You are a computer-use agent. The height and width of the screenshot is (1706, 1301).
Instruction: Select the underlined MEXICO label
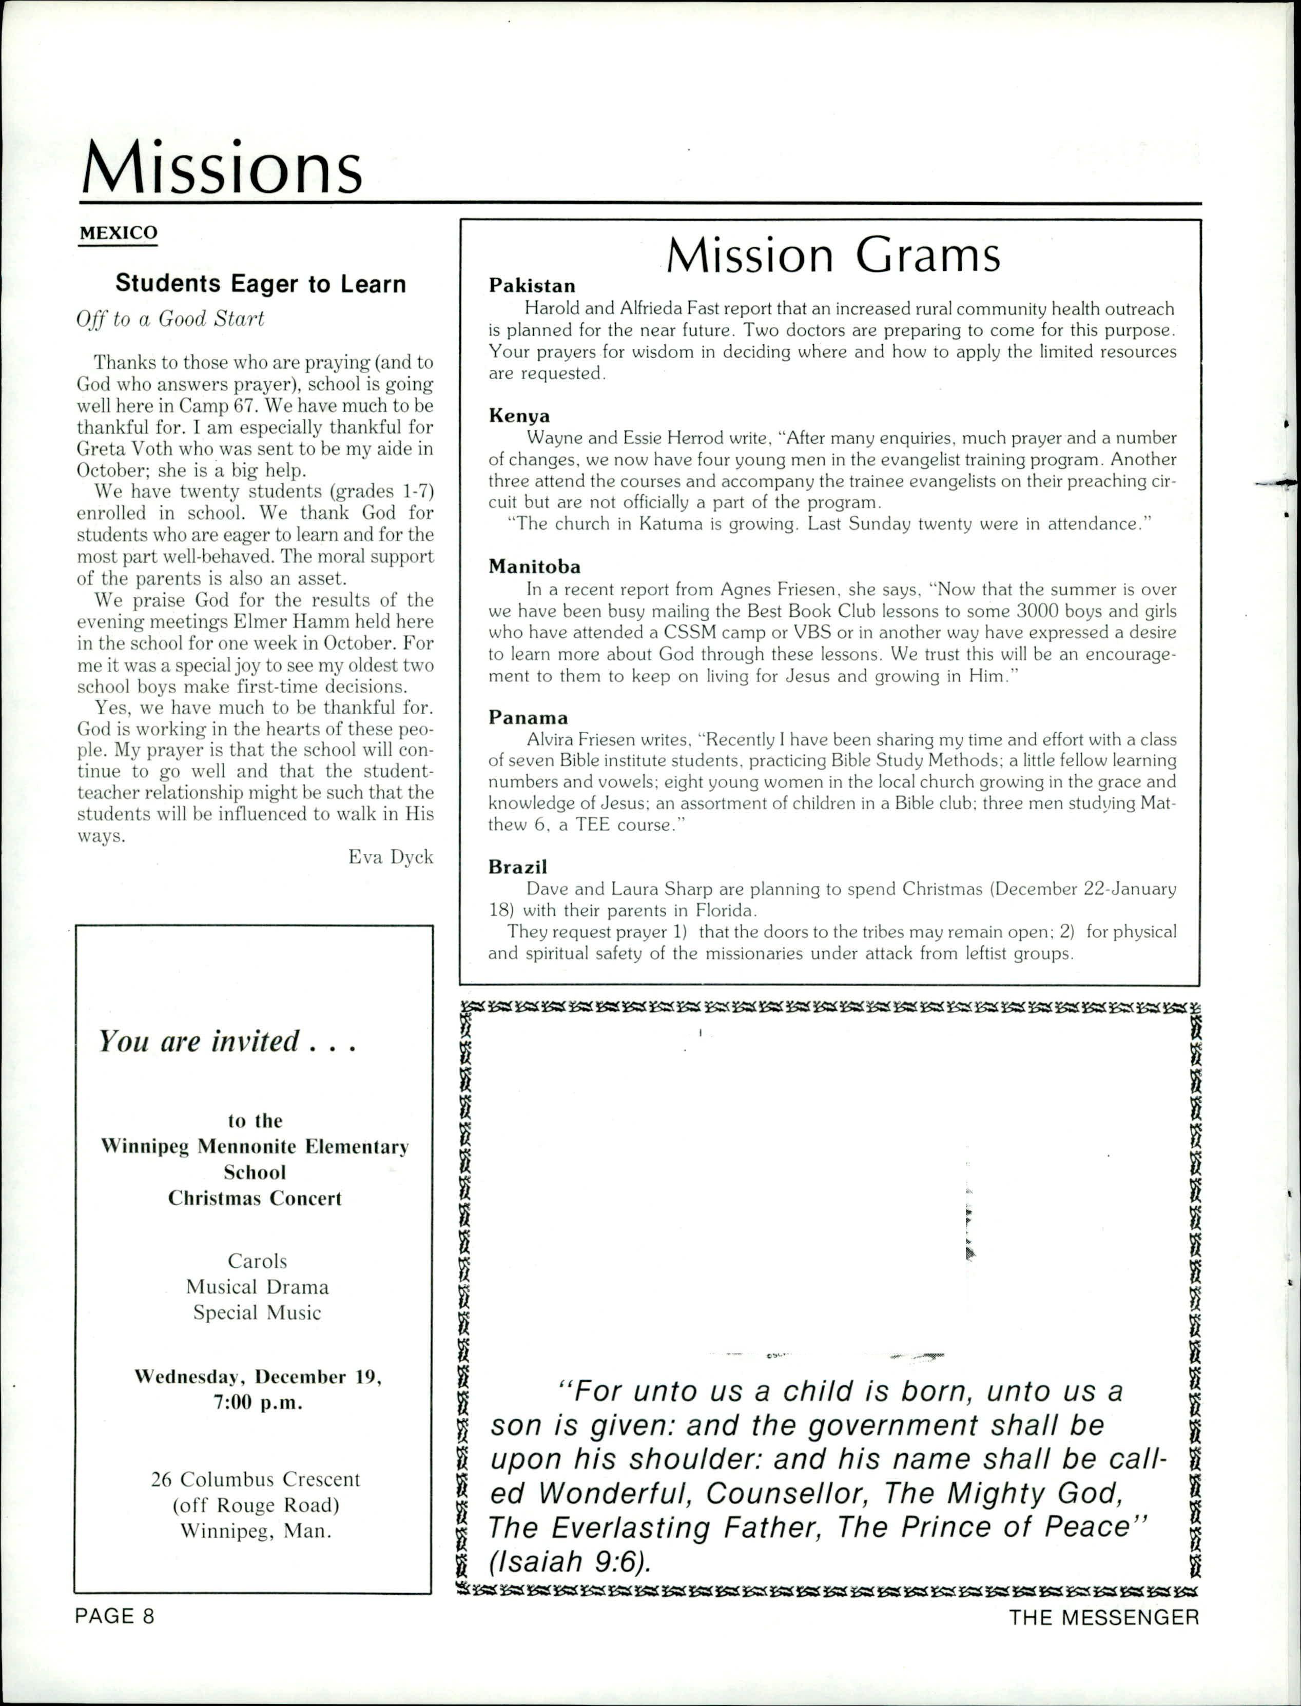[x=119, y=233]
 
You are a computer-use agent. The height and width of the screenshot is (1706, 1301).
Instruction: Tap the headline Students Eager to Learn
[x=260, y=284]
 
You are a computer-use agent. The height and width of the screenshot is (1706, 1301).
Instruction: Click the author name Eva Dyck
[x=390, y=856]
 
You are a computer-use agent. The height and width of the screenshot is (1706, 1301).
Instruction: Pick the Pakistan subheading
[x=532, y=286]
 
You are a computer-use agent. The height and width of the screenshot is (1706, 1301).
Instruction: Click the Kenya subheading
[x=519, y=416]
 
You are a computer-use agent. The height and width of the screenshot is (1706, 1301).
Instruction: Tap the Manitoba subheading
[x=534, y=566]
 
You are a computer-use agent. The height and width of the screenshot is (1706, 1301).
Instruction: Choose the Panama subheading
[x=528, y=717]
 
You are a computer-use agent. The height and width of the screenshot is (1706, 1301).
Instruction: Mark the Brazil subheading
[x=517, y=867]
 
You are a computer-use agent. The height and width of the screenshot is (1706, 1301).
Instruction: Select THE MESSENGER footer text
[x=1103, y=1617]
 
